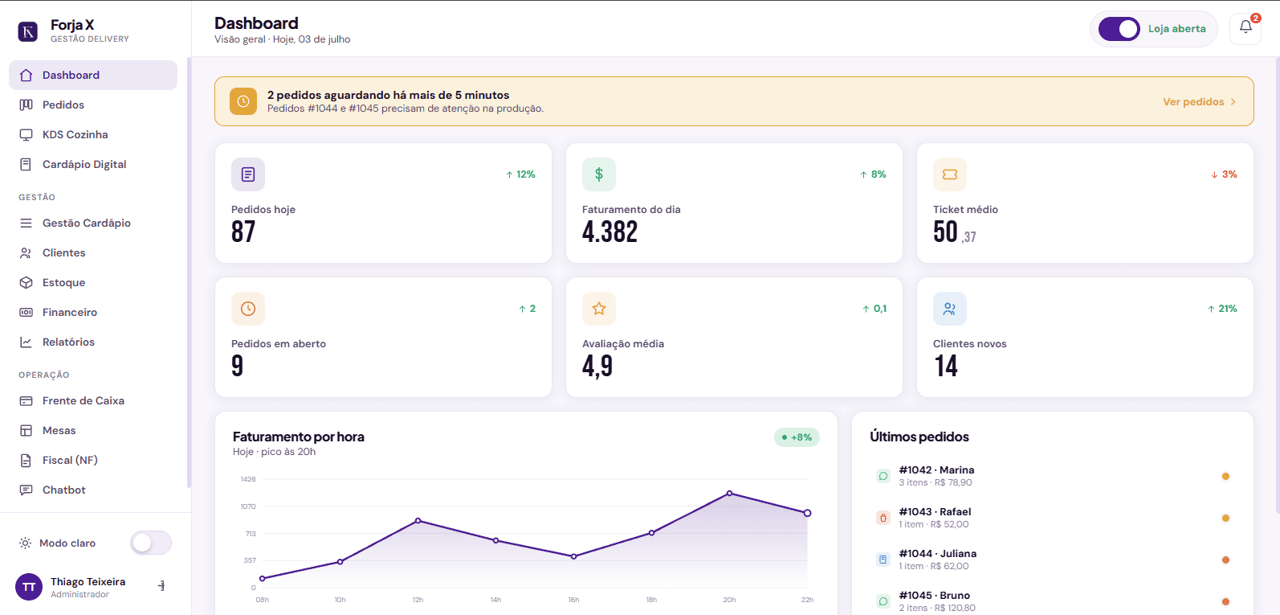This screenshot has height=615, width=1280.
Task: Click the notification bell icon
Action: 1245,27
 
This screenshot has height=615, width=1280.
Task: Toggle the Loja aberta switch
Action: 1119,29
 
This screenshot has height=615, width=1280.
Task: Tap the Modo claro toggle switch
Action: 151,543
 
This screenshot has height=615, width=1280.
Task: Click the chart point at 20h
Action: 729,493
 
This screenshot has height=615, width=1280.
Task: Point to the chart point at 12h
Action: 418,521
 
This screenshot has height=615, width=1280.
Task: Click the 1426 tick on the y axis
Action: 248,479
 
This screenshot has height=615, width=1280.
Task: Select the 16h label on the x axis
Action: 573,600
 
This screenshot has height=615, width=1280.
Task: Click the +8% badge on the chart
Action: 797,437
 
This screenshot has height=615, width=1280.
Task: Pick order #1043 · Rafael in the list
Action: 935,518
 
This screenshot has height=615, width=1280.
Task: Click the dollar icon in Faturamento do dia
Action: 599,174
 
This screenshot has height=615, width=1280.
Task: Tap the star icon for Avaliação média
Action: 599,309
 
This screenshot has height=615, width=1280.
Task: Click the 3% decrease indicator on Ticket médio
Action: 1224,174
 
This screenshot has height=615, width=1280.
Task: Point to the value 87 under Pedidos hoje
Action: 243,232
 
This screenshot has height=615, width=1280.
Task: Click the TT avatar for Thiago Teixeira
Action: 29,587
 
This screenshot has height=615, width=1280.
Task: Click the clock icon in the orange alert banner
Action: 243,101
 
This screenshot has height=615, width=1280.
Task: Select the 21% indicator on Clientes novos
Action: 1222,309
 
